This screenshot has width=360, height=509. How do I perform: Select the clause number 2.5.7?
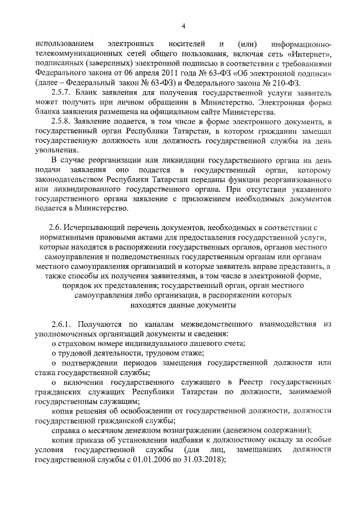click(x=62, y=93)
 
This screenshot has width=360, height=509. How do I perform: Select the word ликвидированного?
click(x=87, y=189)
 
